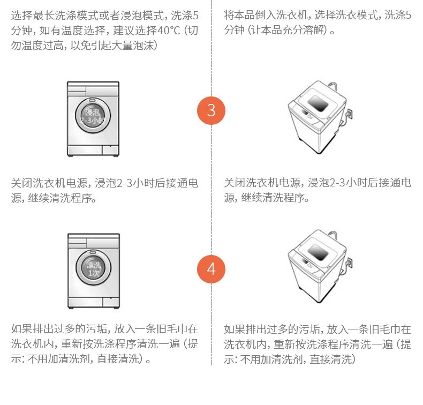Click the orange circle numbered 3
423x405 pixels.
211,111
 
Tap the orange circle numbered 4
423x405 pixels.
211,269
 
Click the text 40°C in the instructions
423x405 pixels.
168,31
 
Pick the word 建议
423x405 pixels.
124,31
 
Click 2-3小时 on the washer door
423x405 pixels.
92,121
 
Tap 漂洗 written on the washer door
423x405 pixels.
93,265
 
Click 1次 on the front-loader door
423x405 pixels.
93,273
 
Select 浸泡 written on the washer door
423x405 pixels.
93,112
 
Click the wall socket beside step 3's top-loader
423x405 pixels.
349,114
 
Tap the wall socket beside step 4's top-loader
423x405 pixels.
349,263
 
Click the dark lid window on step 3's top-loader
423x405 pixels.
318,103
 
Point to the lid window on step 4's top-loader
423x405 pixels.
318,252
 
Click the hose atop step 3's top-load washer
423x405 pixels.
332,87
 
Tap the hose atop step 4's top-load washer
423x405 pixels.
332,236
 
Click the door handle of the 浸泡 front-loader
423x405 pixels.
92,100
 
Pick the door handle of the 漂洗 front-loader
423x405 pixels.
93,252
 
